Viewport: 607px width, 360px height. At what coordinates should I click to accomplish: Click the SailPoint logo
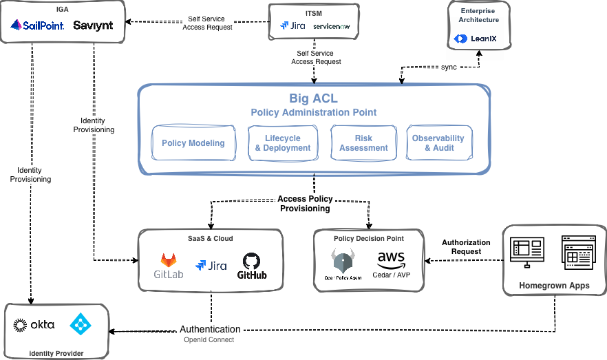(37, 26)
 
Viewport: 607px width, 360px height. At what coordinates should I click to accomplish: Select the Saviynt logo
(93, 26)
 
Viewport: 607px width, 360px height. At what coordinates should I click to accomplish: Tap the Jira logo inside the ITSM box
(292, 26)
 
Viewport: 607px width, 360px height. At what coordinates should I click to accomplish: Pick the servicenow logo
(331, 26)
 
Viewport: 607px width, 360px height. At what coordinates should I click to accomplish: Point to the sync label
(449, 67)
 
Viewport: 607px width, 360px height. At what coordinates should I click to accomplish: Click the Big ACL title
(313, 98)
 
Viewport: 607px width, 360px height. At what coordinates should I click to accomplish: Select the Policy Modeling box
(193, 143)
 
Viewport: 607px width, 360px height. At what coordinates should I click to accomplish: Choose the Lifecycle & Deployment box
(283, 143)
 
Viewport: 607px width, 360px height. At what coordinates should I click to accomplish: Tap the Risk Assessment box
(363, 143)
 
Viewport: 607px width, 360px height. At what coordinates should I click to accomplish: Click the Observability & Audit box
(439, 143)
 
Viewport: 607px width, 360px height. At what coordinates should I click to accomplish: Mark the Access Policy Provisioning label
(304, 204)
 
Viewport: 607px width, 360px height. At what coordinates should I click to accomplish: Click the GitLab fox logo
(169, 262)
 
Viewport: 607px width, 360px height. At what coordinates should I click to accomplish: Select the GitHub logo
(252, 265)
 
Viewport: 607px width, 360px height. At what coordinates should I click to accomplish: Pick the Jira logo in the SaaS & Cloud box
(211, 266)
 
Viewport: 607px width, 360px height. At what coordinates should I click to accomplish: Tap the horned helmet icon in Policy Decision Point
(343, 262)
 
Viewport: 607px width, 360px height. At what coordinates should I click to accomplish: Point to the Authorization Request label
(466, 247)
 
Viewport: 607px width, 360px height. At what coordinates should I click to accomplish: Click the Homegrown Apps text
(553, 285)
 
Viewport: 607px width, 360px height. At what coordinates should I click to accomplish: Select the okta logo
(34, 324)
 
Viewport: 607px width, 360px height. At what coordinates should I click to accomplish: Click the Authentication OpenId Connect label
(210, 334)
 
